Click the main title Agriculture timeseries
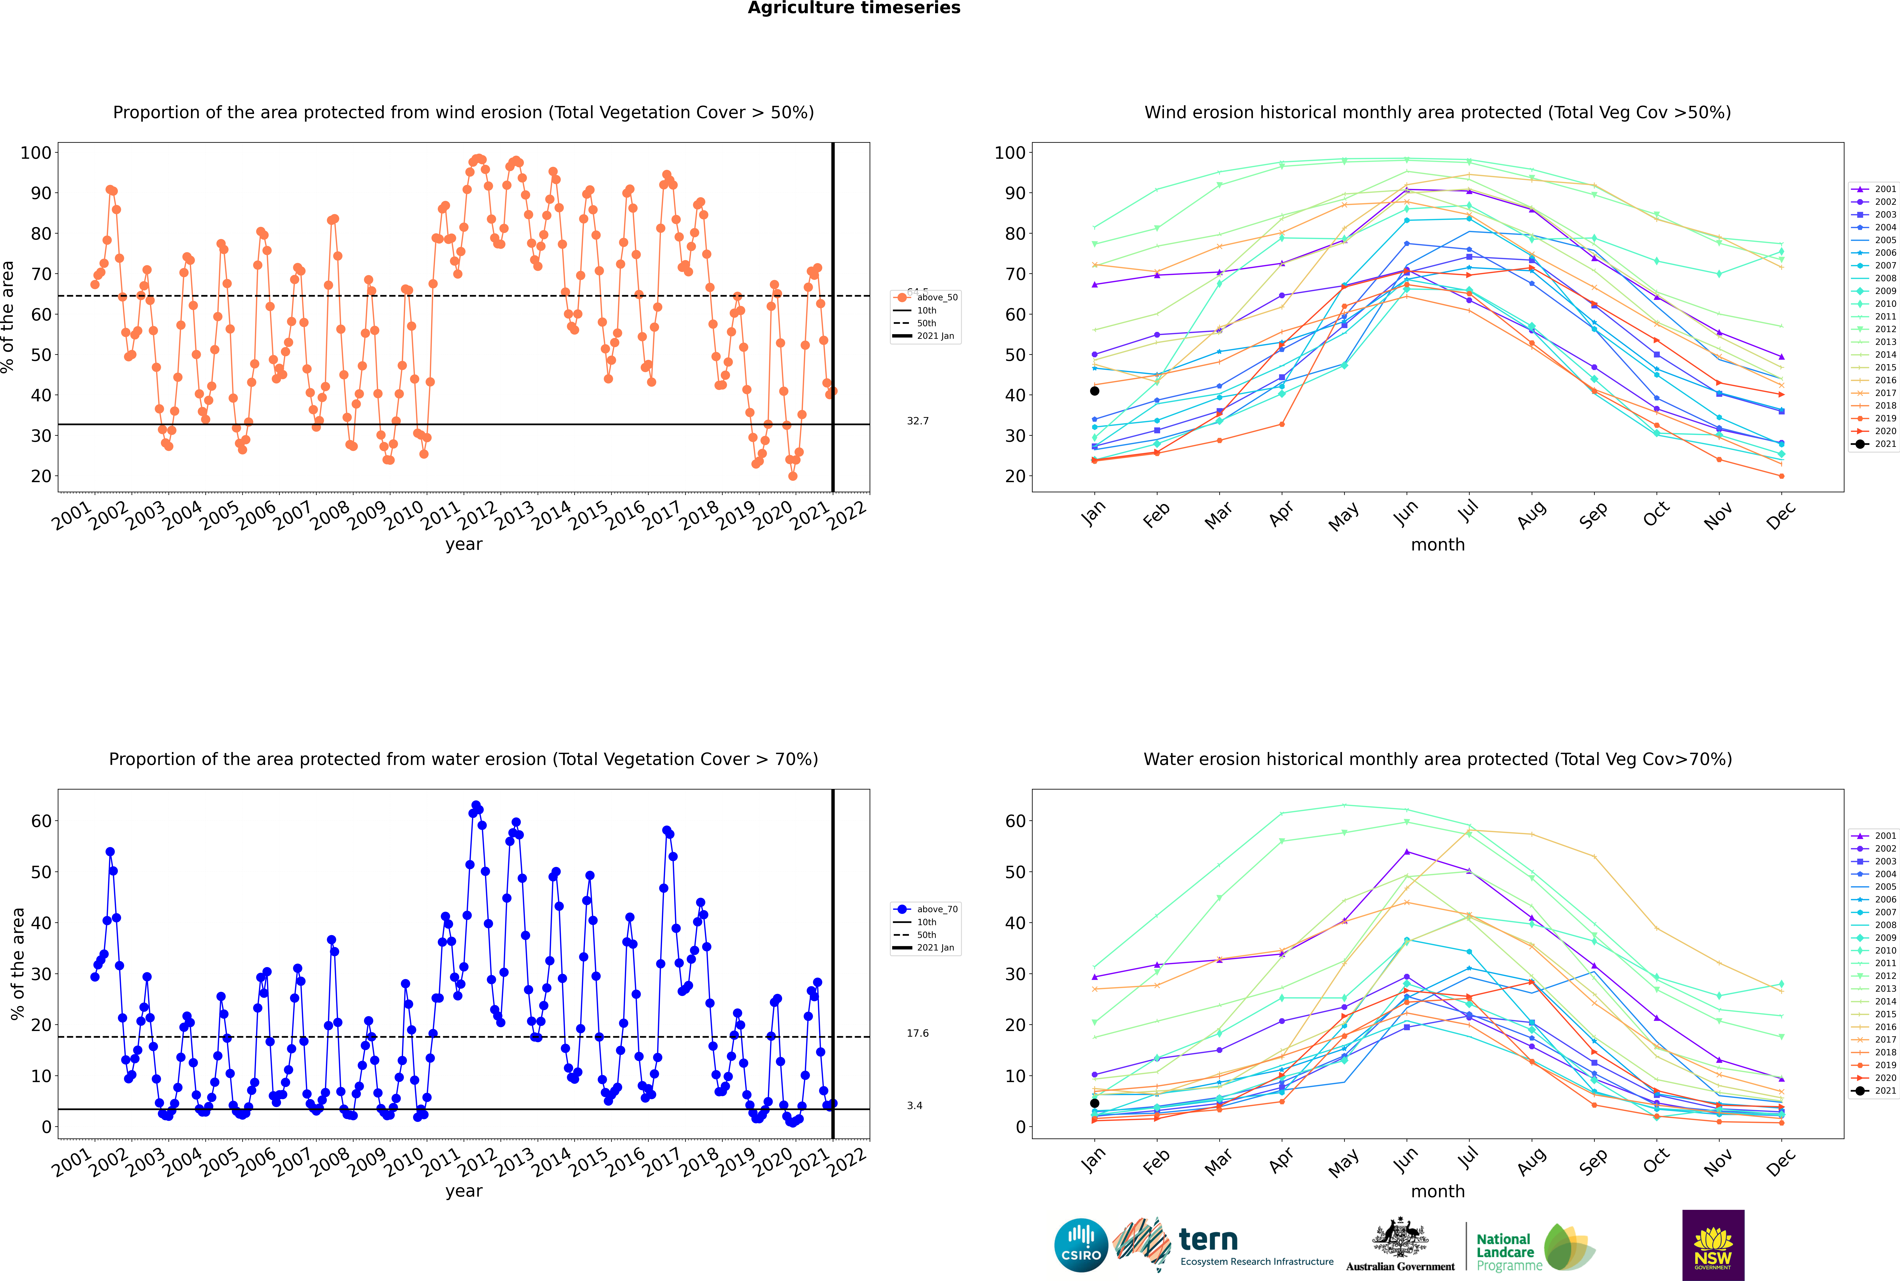[854, 8]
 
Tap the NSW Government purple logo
[1713, 1245]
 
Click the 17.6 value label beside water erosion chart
[917, 1033]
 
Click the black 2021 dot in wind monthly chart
[1095, 391]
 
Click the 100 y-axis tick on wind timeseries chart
[36, 153]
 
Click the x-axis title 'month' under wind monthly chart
[1438, 545]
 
